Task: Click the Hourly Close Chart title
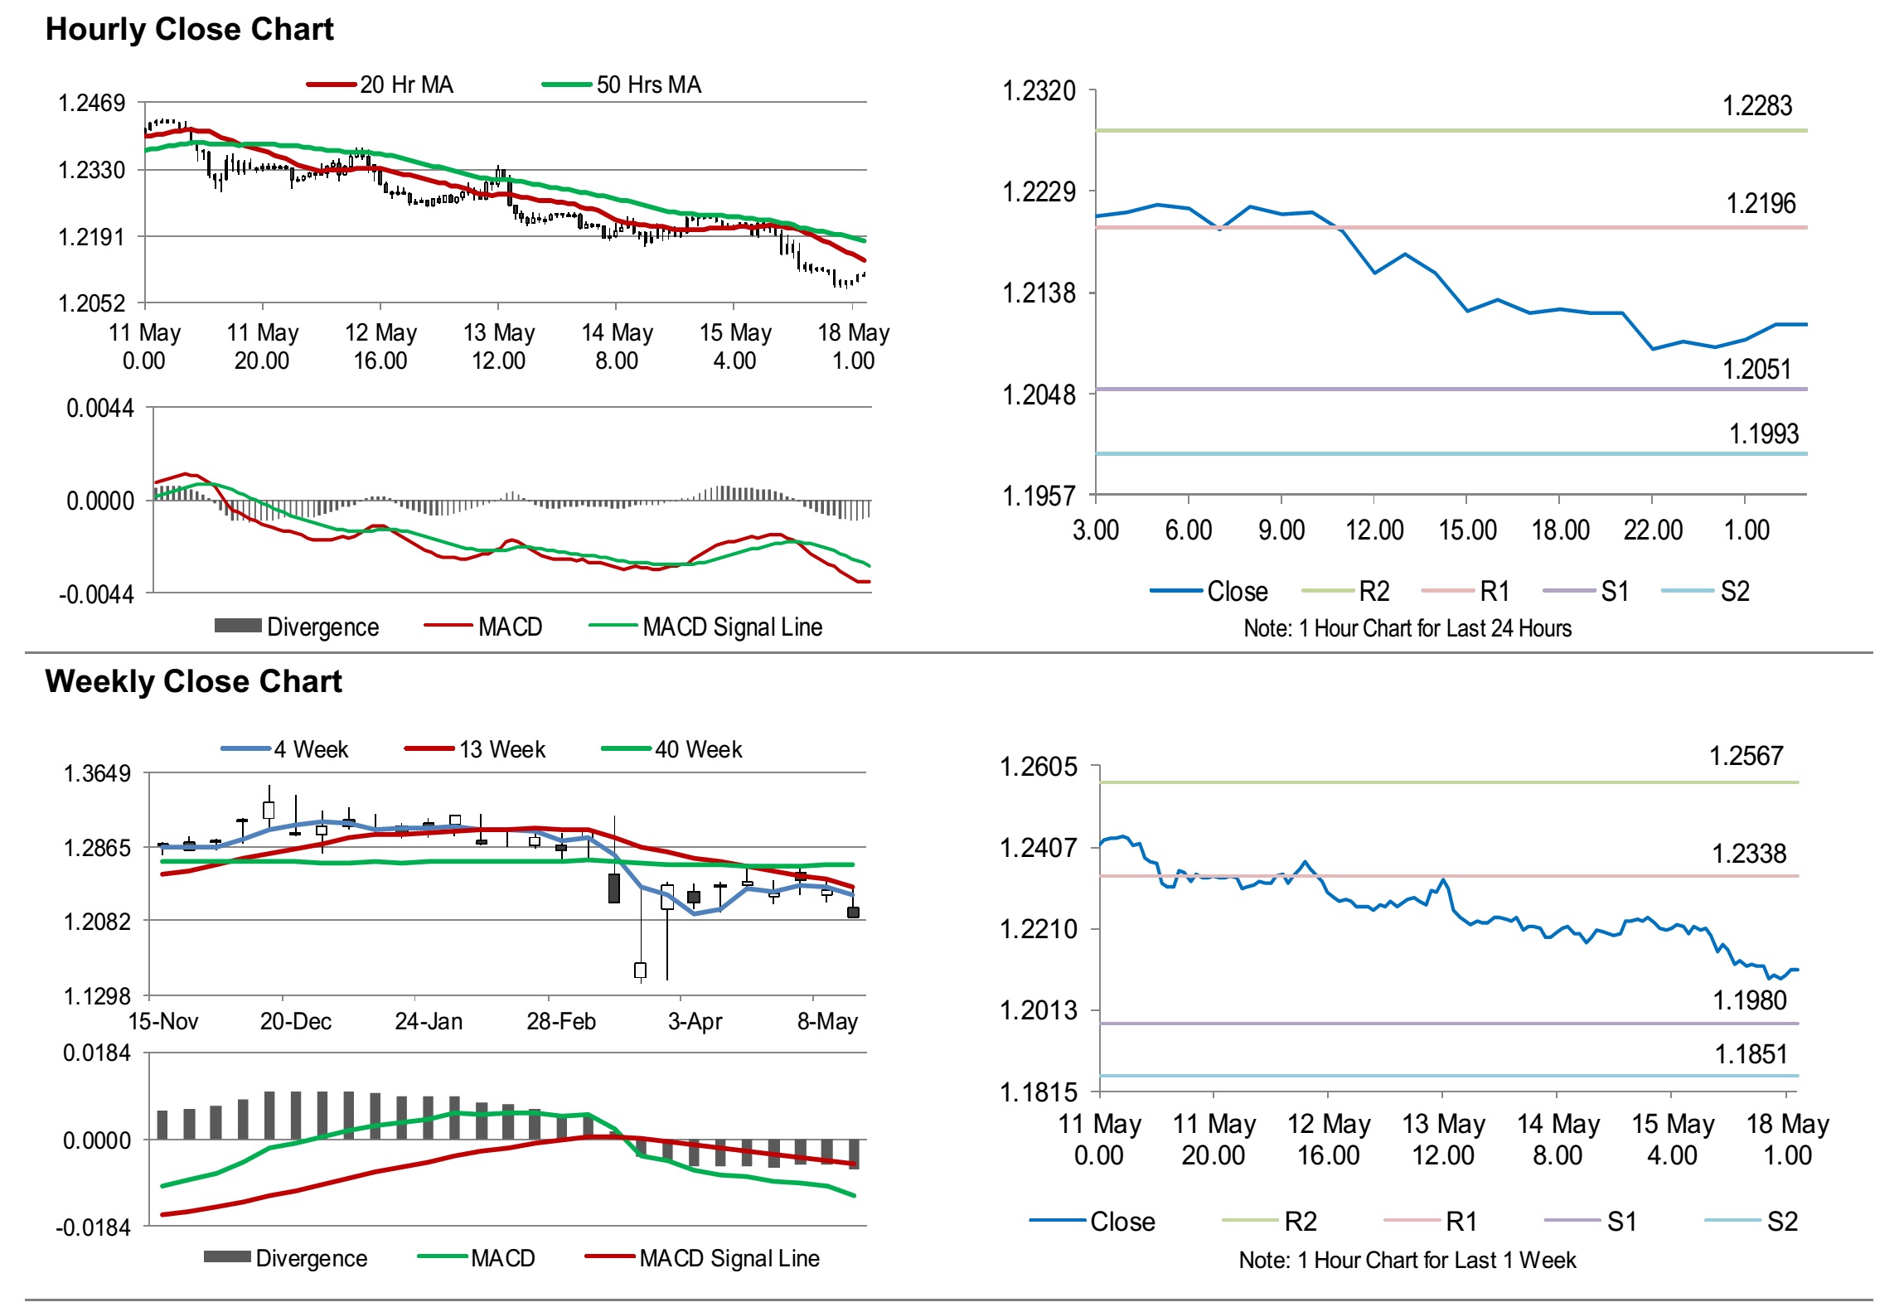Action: pos(189,30)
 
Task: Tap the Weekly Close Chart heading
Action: pos(193,682)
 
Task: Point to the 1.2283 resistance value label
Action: pos(1756,106)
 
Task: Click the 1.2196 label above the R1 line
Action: pos(1761,204)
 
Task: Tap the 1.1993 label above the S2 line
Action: pos(1763,434)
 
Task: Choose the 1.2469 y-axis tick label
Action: pos(91,104)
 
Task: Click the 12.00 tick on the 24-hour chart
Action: pos(1374,530)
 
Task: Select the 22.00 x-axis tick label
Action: pos(1653,530)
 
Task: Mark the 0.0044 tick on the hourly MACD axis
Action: pos(100,409)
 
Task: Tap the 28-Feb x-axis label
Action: pos(561,1022)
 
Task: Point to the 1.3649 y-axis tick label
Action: pos(97,774)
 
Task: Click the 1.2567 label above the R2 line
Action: pos(1746,756)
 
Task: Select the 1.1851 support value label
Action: pos(1751,1055)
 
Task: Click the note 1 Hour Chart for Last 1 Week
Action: pos(1407,1261)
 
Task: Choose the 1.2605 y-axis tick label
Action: pos(1039,767)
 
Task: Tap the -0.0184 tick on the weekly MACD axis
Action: pos(93,1228)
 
